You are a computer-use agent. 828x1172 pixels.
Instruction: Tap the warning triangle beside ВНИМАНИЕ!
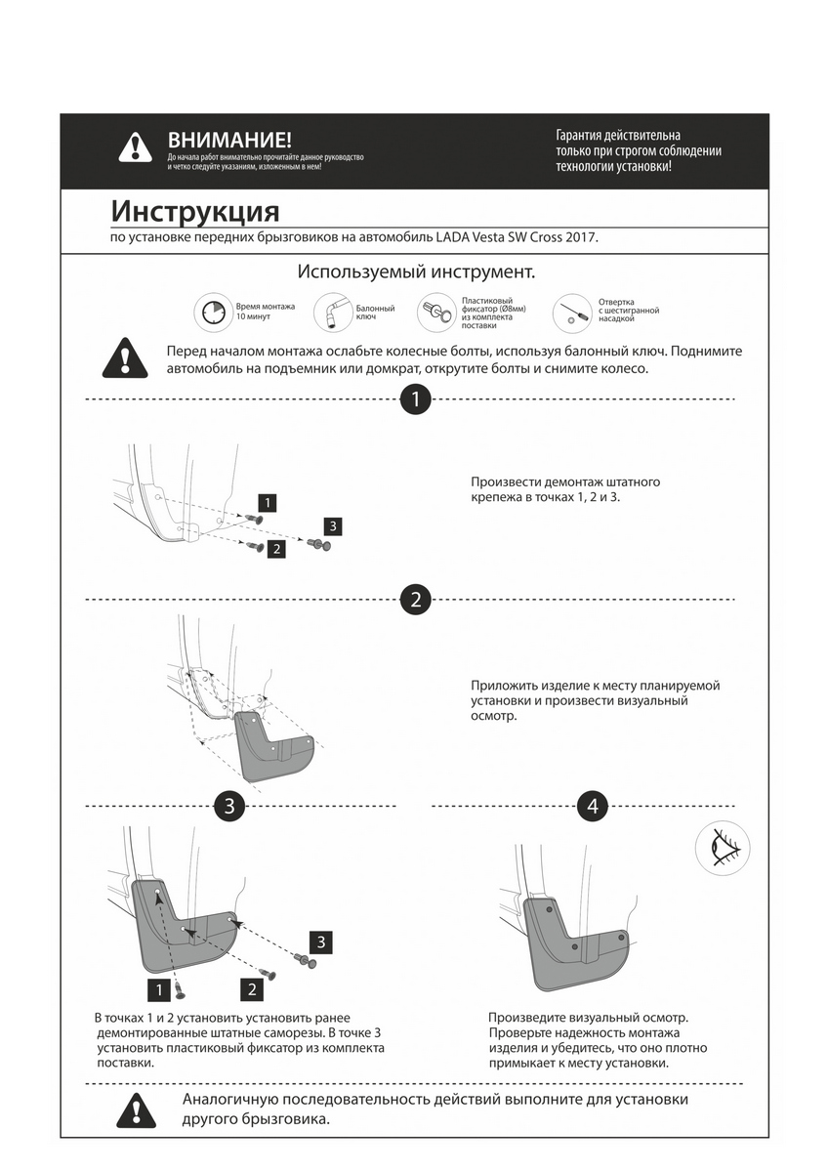coord(135,147)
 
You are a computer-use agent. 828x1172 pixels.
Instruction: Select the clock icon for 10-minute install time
coord(212,313)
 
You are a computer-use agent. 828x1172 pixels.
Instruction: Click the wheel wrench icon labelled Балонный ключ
coord(331,313)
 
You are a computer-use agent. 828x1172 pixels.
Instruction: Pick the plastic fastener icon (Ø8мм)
coord(435,313)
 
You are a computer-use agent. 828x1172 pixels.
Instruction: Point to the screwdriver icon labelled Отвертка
coord(573,313)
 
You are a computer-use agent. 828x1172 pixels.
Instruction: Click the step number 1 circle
coord(416,398)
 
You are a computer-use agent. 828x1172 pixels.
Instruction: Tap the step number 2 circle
coord(416,599)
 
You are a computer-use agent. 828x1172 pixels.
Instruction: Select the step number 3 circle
coord(229,806)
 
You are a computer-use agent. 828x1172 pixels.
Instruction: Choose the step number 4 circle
coord(593,806)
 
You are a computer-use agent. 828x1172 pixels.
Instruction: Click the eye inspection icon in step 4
coord(723,847)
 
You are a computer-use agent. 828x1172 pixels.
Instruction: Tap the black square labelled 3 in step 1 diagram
coord(333,526)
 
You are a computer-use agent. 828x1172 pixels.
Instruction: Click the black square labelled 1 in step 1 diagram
coord(266,503)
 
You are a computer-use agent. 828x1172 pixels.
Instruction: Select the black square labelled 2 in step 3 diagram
coord(252,988)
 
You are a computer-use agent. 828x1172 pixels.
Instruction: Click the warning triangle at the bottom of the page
coord(136,1110)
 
